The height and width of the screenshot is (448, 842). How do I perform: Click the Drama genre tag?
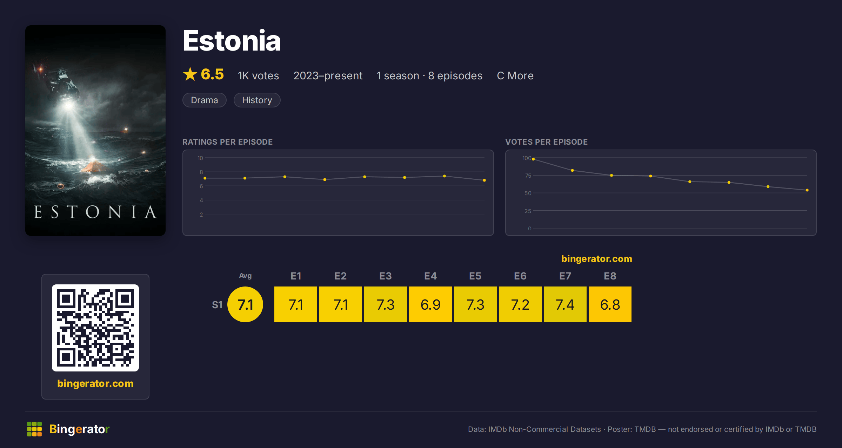coord(205,100)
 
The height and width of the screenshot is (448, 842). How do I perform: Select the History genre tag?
coord(257,100)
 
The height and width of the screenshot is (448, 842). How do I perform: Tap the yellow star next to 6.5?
coord(190,74)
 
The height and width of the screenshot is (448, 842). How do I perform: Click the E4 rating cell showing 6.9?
coord(430,304)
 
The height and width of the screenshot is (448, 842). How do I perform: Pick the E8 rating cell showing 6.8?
coord(610,304)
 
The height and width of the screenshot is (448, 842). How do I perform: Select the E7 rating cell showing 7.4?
coord(565,304)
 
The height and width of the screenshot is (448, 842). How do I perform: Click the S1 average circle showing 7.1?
coord(245,304)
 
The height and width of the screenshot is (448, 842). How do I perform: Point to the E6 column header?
coord(520,276)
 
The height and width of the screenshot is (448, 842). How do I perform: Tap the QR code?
coord(95,328)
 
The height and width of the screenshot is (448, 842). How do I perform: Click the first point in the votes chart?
coord(533,159)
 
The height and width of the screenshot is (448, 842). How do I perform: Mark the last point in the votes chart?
coord(807,190)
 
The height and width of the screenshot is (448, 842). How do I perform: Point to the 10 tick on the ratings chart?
coord(200,158)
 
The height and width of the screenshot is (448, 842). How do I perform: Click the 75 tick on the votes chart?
coord(528,176)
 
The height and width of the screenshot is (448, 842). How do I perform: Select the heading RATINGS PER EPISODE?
coord(228,142)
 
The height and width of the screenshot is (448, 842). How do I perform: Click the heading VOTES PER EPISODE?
coord(547,142)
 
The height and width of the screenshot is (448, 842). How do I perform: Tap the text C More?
coord(515,75)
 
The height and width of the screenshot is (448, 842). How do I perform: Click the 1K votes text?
coord(259,75)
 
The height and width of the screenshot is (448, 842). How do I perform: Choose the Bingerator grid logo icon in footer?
coord(34,429)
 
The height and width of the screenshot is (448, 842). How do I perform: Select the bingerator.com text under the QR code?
coord(95,383)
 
